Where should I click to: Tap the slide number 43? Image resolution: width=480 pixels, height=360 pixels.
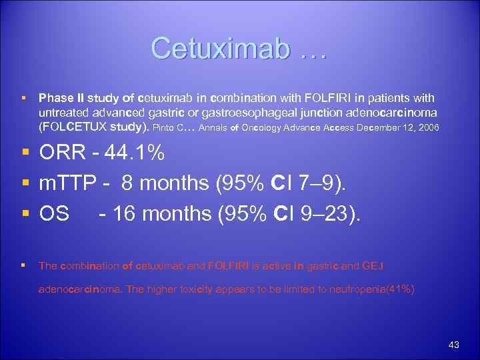[x=454, y=345]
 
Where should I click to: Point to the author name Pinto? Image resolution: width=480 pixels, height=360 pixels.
[x=165, y=126]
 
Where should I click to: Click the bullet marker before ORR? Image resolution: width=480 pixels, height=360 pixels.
[x=24, y=153]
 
